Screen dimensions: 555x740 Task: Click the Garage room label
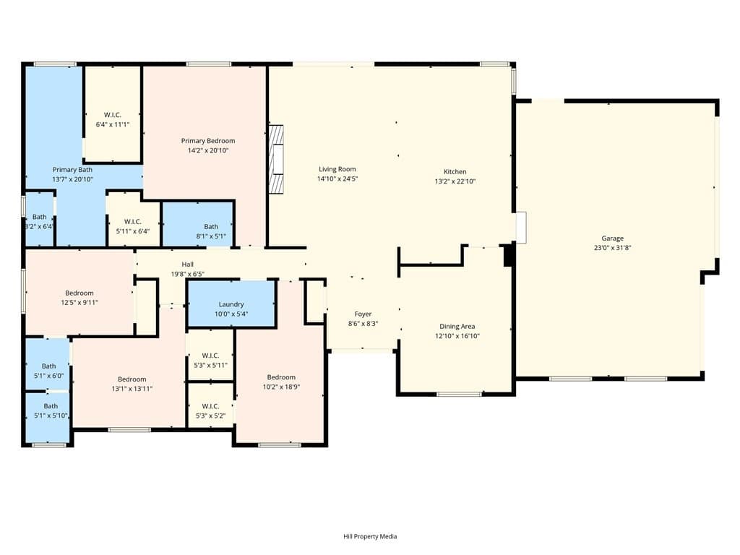tap(612, 238)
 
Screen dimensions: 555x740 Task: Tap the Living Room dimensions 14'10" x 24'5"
tap(337, 178)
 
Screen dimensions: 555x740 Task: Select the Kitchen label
tap(455, 172)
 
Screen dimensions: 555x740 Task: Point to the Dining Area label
tap(457, 327)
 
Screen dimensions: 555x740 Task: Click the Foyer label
tap(363, 314)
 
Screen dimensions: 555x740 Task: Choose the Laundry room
tap(231, 304)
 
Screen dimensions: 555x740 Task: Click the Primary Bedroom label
tap(207, 141)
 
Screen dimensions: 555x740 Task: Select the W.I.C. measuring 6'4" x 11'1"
tap(112, 116)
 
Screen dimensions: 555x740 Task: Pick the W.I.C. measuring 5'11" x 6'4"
tap(132, 222)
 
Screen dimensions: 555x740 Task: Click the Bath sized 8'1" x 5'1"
tap(210, 227)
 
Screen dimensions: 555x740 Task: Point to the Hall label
tap(187, 264)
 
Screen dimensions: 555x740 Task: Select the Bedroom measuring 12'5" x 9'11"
tap(79, 293)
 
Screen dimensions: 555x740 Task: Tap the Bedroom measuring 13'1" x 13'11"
tap(132, 379)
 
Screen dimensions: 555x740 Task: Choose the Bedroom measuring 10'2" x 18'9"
tap(281, 377)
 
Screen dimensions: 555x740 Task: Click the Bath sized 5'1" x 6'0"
tap(48, 366)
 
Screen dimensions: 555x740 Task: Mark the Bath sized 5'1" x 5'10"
tap(48, 406)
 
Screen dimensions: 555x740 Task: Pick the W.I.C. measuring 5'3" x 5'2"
tap(210, 406)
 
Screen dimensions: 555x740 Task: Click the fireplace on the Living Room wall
tap(275, 160)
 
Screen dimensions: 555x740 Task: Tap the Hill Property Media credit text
tap(370, 536)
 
